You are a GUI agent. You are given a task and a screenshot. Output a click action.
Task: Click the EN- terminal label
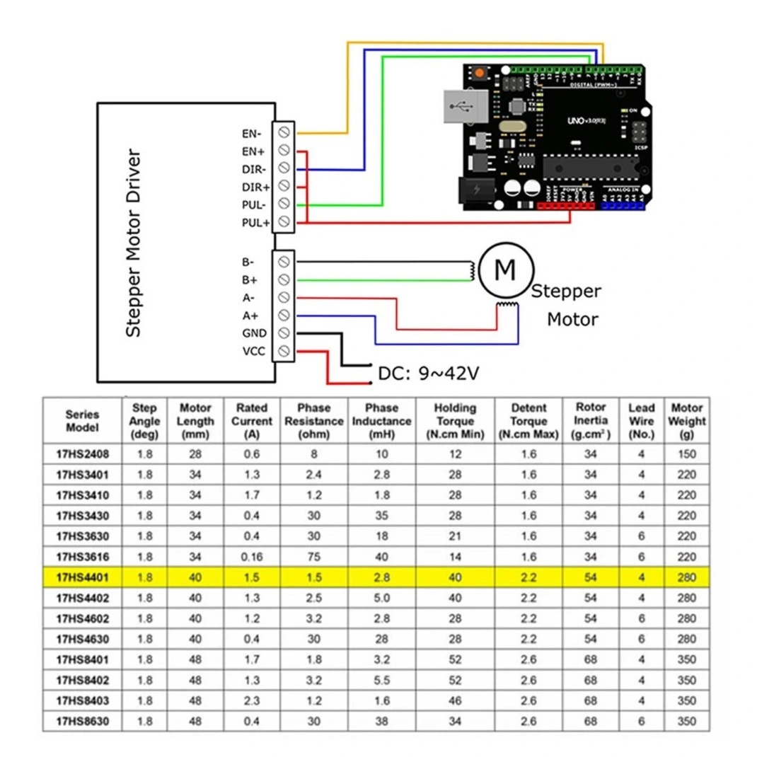252,132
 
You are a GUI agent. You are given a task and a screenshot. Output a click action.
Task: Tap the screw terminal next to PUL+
284,223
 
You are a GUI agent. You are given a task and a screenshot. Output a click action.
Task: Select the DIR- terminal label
253,169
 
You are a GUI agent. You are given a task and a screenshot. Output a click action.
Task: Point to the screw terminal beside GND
284,333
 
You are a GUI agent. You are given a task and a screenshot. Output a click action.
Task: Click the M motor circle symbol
504,269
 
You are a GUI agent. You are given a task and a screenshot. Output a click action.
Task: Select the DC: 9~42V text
429,373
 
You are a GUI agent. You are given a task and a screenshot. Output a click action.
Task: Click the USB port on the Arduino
463,109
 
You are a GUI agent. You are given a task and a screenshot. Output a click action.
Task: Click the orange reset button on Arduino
480,74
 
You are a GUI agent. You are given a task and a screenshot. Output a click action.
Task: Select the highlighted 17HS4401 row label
82,577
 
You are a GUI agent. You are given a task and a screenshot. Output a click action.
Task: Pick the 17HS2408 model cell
82,453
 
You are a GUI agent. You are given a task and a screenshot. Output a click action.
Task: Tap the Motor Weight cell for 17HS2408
686,453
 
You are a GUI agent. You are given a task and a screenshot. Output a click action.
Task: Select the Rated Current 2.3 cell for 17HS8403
252,701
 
